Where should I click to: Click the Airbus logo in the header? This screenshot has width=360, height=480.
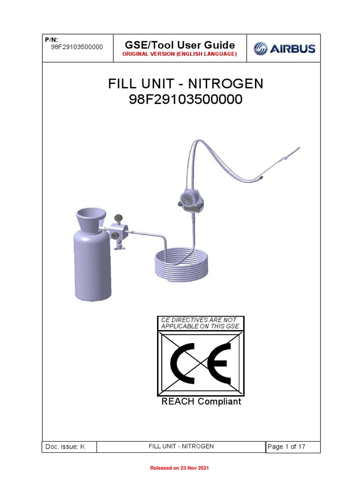[284, 48]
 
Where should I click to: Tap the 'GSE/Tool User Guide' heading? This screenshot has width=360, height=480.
[180, 45]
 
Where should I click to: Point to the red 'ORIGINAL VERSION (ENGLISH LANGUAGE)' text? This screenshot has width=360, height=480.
[180, 55]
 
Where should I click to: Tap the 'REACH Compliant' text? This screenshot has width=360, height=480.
[201, 402]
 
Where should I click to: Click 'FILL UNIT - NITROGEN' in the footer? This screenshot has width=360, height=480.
[181, 446]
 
